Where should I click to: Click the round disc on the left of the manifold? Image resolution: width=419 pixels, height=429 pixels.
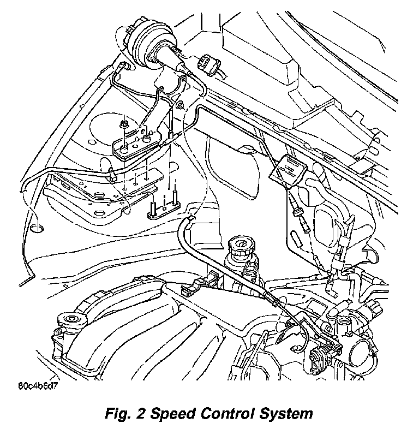coord(70,319)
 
